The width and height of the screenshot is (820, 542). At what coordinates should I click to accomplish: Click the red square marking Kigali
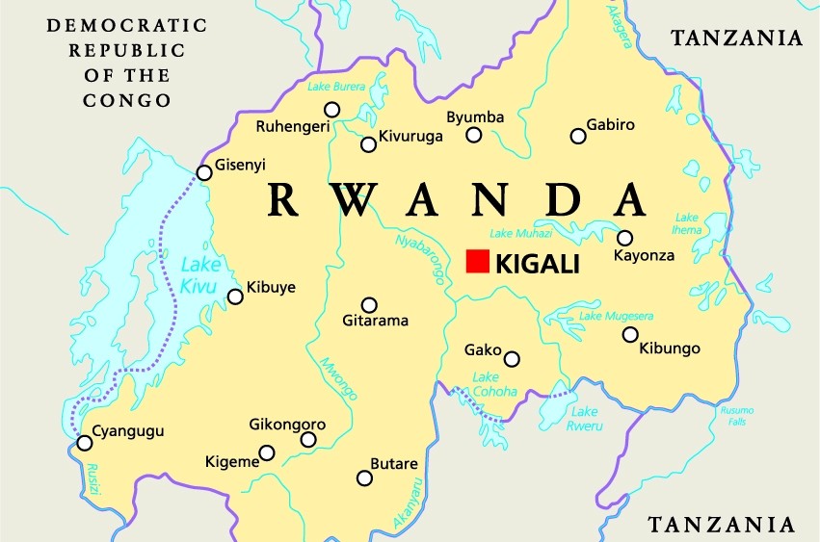477,261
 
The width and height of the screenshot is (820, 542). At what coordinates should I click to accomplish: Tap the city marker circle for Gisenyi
204,173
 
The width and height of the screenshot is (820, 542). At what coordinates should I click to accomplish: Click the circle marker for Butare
364,478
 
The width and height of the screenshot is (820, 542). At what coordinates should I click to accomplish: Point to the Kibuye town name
271,287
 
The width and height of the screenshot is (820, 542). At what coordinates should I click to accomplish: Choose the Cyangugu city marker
85,443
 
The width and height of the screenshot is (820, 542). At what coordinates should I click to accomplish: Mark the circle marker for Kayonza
624,238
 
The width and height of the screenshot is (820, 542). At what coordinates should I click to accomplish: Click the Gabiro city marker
578,137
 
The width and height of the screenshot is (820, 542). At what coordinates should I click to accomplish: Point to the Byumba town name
475,117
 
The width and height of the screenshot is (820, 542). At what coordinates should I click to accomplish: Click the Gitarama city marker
369,304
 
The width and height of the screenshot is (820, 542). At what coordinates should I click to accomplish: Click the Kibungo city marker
630,335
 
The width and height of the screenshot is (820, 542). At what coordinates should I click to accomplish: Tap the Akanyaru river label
408,503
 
